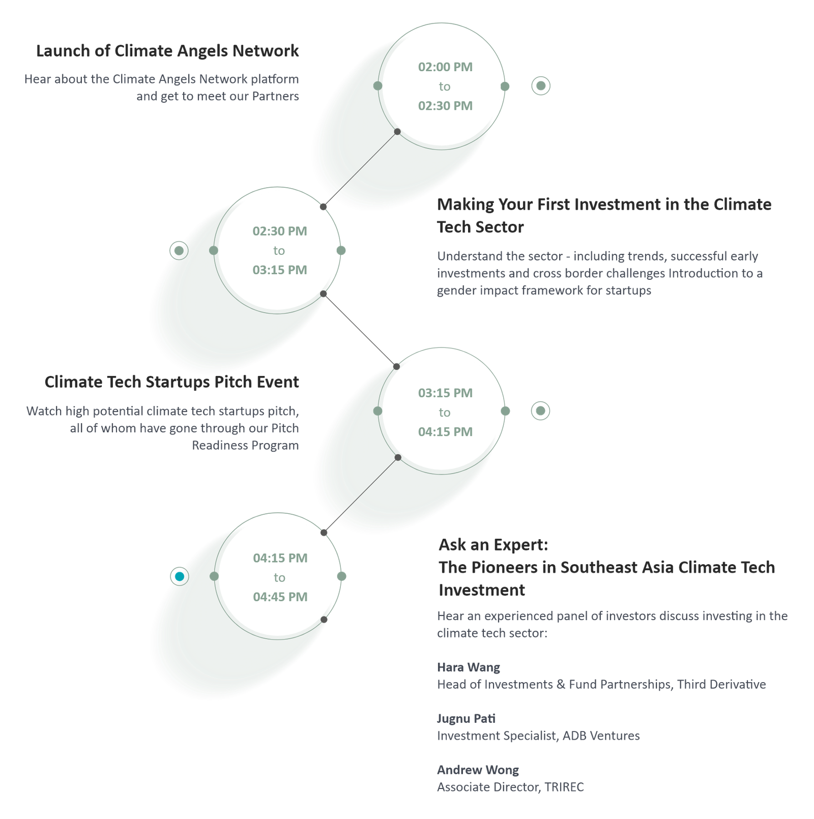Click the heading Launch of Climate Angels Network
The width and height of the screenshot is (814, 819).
167,51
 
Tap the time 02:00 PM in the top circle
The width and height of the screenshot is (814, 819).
445,67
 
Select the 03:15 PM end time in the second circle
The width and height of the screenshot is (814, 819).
280,270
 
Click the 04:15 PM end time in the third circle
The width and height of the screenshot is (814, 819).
445,431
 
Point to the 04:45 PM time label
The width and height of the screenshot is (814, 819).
280,597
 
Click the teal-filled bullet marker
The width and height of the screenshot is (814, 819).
180,576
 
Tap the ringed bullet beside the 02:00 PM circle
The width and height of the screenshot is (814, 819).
541,85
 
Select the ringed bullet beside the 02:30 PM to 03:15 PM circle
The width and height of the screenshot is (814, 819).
179,250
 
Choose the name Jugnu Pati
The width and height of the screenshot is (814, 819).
466,718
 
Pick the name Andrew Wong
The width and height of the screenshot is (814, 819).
478,770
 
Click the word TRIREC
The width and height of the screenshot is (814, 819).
564,787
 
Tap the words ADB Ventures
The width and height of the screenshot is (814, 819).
601,736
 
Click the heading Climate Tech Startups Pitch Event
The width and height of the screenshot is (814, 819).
171,382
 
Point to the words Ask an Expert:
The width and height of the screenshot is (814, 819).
493,545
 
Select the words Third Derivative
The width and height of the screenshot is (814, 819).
721,684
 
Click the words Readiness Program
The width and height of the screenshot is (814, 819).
245,445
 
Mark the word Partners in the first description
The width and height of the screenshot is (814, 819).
276,96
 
